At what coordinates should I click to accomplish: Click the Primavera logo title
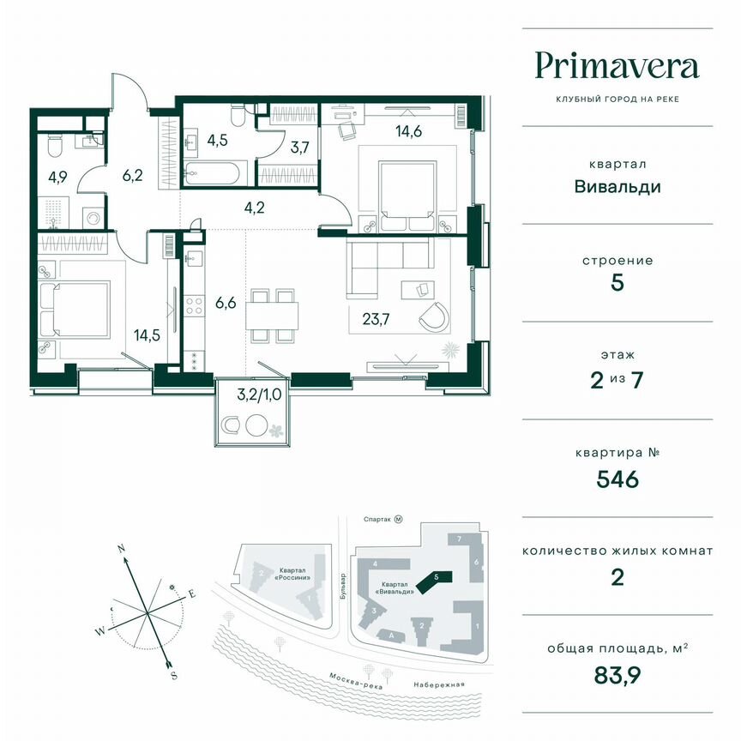coord(617,67)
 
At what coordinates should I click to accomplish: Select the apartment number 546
coord(617,479)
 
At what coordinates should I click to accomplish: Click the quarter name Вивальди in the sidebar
coord(617,186)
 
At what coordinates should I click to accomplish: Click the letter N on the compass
coord(123,547)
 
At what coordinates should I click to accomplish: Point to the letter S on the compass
coord(174,675)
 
